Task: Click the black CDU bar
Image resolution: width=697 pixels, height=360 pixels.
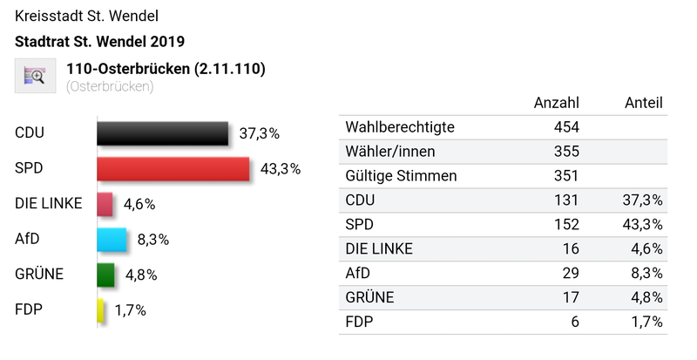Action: pos(163,133)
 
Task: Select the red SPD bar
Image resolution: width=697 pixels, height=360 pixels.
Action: pos(173,168)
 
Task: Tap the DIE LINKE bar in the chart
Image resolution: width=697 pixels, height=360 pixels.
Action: pos(105,204)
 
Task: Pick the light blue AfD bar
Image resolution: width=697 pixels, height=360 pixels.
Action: pos(112,239)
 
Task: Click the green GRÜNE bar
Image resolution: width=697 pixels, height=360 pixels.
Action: pos(106,275)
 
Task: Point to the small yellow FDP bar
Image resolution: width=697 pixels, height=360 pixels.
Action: pos(101,310)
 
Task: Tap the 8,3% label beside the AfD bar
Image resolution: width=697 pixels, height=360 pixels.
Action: pos(152,239)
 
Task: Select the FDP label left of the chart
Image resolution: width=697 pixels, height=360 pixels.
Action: pos(29,309)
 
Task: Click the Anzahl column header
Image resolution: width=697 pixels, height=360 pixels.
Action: pos(556,102)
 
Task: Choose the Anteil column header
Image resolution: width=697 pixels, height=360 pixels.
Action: pos(644,102)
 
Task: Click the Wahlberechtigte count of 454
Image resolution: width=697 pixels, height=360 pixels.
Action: pos(566,127)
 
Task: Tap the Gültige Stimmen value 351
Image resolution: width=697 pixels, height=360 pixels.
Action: pos(566,175)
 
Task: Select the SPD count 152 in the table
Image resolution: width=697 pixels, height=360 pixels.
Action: pos(566,224)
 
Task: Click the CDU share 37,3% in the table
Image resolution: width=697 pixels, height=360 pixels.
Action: pos(644,200)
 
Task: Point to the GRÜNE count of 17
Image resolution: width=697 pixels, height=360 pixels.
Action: pos(571,297)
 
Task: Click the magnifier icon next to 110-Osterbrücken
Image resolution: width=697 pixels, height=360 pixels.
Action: pos(36,76)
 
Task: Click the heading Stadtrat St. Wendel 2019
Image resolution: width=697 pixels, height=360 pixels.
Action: pos(99,41)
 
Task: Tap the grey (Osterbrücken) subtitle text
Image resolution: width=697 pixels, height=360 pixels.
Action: pos(110,86)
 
